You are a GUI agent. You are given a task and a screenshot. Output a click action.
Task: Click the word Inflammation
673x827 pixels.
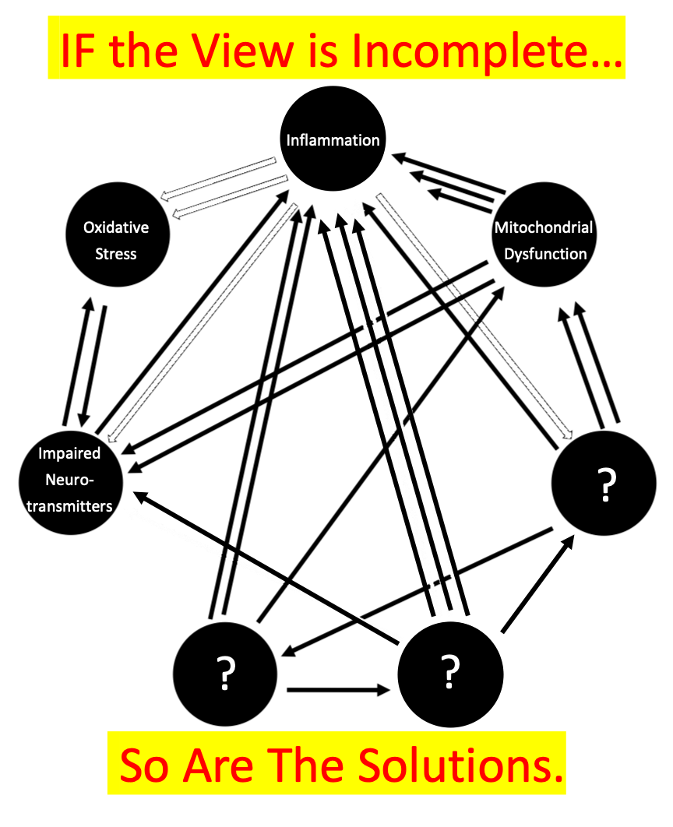click(x=333, y=141)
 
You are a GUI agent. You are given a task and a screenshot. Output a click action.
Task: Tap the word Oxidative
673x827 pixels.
click(x=116, y=227)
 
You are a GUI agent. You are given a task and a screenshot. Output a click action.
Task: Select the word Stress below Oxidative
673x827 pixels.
click(x=116, y=254)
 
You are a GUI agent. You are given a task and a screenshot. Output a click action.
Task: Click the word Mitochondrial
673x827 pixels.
click(x=544, y=227)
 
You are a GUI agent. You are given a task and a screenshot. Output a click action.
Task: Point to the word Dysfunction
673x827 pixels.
click(x=545, y=254)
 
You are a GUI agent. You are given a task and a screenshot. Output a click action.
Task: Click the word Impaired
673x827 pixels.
click(x=69, y=453)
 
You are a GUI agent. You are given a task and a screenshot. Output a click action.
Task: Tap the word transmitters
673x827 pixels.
click(x=69, y=506)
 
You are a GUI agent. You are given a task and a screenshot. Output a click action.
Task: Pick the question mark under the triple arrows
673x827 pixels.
click(x=450, y=673)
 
